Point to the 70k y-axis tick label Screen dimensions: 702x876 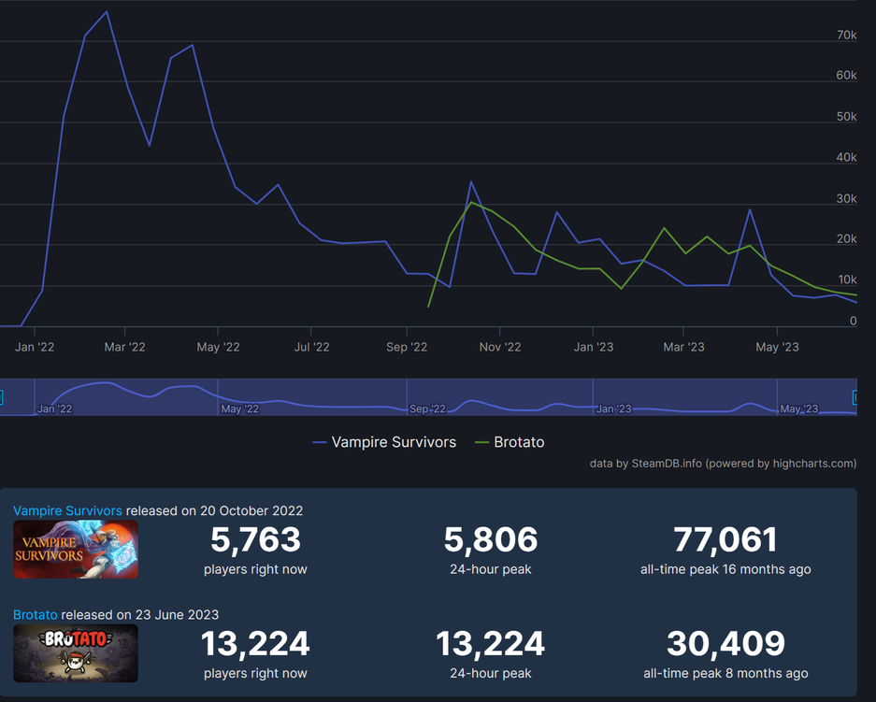pos(846,35)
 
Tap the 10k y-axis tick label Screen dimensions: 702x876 pos(847,279)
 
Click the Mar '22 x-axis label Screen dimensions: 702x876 pos(124,347)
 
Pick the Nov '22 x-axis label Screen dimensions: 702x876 pos(500,347)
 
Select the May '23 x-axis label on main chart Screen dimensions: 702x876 pos(777,347)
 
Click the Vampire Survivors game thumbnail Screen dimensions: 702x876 pos(76,549)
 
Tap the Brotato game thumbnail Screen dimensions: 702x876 pos(76,652)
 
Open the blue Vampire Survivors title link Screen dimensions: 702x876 pos(67,511)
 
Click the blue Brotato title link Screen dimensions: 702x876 pos(36,615)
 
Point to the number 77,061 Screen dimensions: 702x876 pos(725,539)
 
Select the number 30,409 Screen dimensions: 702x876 pos(725,643)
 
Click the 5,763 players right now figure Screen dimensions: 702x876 pos(255,539)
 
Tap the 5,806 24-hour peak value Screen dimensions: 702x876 pos(491,539)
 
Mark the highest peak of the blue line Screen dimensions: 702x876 pos(107,12)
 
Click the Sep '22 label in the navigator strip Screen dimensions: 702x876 pos(427,408)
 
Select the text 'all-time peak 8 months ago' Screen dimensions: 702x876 pos(725,673)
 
